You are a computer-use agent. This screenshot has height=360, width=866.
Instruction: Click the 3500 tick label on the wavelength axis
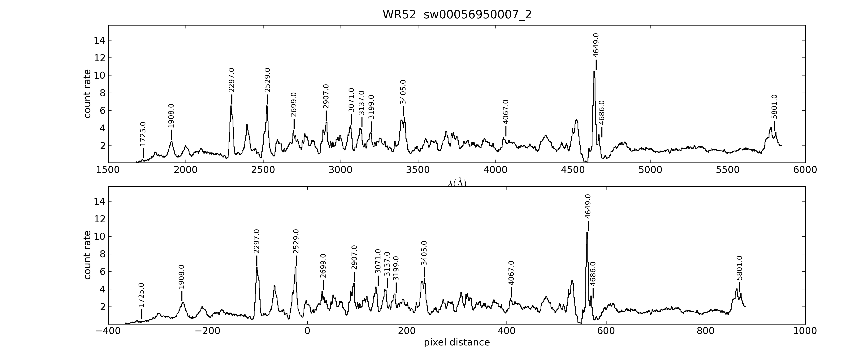point(418,170)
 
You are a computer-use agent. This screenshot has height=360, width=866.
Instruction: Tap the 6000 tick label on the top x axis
point(805,170)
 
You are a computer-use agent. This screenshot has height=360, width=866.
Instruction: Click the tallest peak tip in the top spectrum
point(594,71)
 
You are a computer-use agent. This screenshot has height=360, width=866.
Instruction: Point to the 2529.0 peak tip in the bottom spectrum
point(295,267)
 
